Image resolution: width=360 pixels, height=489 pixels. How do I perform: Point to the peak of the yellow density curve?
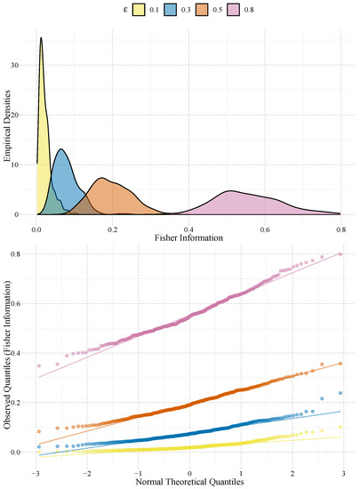[x=41, y=37]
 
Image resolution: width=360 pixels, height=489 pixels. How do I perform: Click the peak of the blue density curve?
[x=60, y=148]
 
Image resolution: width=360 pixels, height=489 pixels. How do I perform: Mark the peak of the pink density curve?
[x=230, y=191]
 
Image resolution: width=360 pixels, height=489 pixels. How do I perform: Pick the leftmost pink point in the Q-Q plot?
[x=39, y=365]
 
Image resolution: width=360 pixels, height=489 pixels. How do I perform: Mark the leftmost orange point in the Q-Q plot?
[x=39, y=431]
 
